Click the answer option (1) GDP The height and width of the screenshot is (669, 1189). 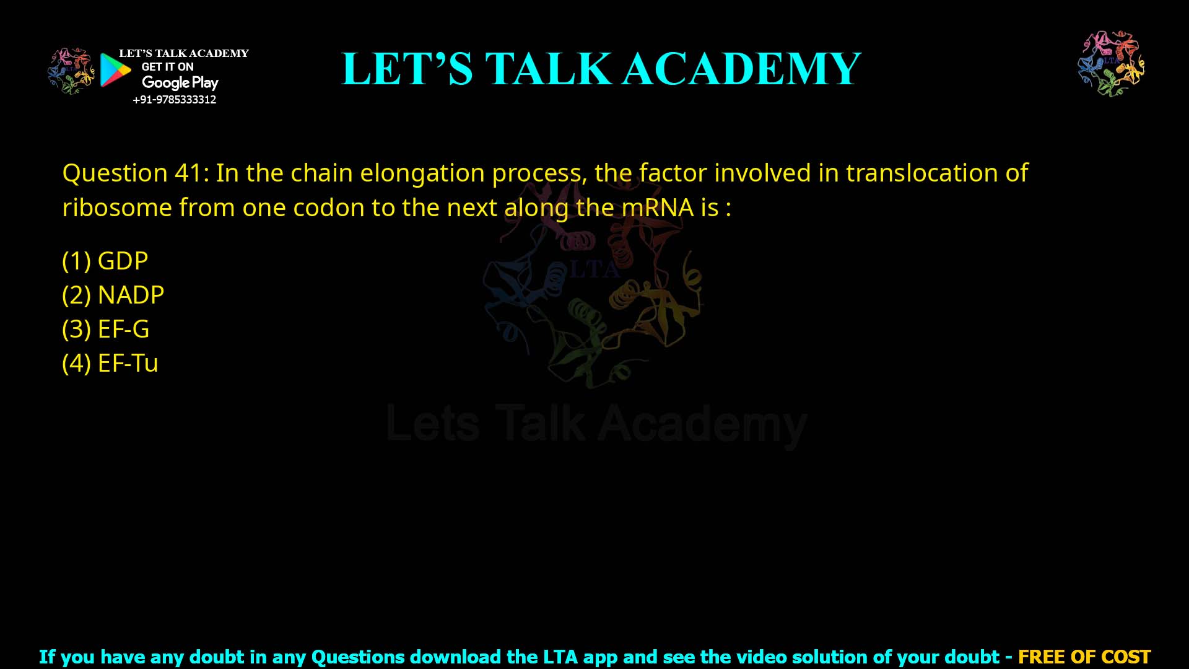point(105,261)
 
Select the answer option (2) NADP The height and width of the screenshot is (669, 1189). point(113,295)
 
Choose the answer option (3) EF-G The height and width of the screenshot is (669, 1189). point(106,329)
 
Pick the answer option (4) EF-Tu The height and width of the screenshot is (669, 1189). point(110,363)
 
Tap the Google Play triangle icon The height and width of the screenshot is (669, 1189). point(115,70)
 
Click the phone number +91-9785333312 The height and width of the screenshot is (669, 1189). point(175,100)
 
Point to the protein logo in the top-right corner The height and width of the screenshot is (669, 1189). point(1111,64)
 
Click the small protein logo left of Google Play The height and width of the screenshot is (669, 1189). point(71,71)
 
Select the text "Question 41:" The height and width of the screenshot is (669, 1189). point(136,173)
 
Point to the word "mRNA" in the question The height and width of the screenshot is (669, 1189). point(658,208)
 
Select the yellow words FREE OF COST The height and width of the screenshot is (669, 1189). point(1084,657)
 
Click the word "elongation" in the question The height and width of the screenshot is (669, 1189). point(422,173)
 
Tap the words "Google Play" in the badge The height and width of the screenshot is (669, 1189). point(180,82)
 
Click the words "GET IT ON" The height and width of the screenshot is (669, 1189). point(168,67)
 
